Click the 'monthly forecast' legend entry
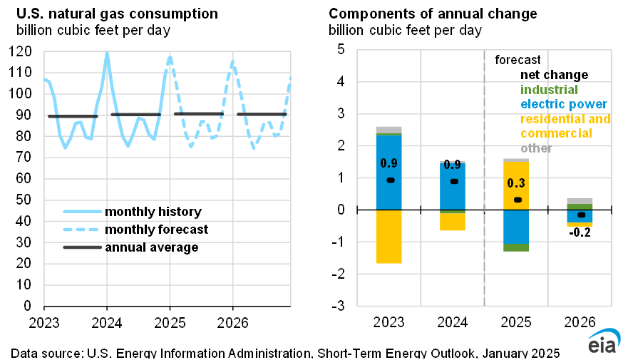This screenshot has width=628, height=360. [156, 230]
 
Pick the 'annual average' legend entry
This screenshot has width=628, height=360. [151, 247]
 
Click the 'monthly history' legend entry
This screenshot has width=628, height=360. [153, 212]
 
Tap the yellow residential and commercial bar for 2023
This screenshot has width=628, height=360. [389, 237]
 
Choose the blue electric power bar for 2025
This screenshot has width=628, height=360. [515, 226]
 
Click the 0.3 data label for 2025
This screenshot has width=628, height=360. [515, 183]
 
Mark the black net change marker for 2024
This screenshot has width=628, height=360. [453, 181]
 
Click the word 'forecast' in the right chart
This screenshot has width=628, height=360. [518, 60]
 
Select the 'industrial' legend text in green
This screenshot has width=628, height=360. [549, 90]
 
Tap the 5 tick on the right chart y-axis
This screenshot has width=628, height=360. [341, 50]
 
